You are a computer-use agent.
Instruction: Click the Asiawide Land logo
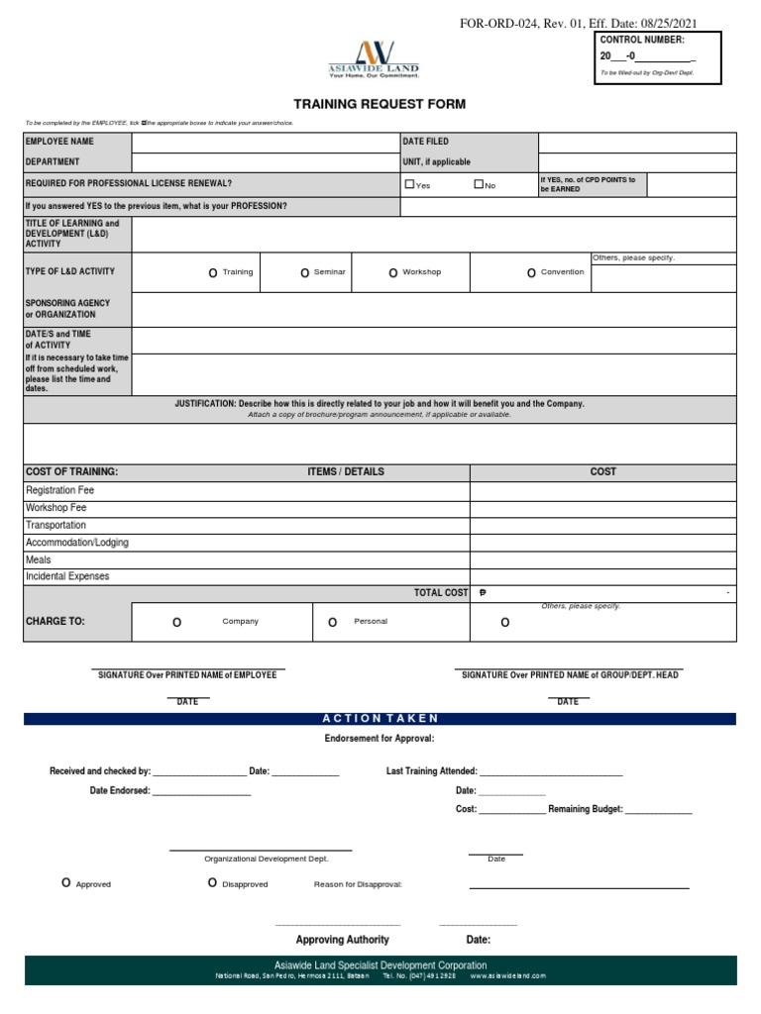pos(374,58)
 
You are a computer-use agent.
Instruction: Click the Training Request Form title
pos(380,104)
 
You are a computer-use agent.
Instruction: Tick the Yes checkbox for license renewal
pos(409,184)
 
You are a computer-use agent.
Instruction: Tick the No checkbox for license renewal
pos(479,184)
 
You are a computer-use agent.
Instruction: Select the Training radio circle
pos(212,272)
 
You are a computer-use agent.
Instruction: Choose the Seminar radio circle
pos(305,272)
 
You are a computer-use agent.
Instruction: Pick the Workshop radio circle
pos(393,272)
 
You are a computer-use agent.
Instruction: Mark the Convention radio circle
pos(531,272)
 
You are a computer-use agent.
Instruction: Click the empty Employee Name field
pos(265,142)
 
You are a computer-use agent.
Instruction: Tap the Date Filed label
pos(425,142)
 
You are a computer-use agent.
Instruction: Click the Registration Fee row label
pos(60,490)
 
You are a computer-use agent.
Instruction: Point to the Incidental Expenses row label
pos(67,576)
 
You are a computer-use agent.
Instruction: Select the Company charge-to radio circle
pos(177,622)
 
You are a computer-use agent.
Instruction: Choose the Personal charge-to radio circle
pos(333,622)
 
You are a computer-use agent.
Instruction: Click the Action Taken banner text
pos(380,718)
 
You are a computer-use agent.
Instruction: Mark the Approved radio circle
pos(66,882)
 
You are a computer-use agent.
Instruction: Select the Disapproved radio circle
pos(212,882)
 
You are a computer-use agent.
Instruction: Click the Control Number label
pos(641,40)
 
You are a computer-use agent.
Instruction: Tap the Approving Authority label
pos(342,940)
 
